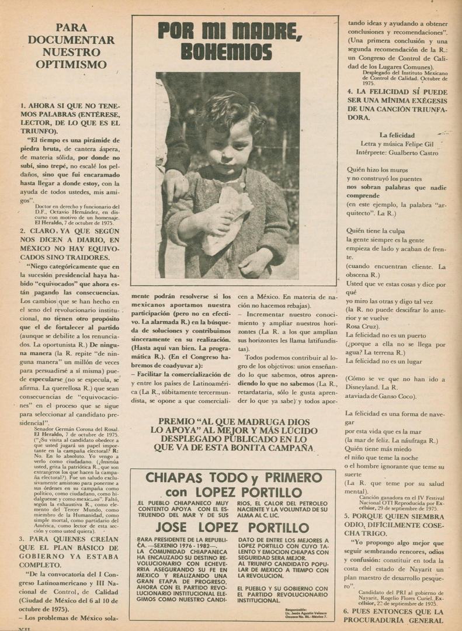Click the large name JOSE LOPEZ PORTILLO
point(233,528)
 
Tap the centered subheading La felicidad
point(397,135)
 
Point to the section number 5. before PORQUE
point(347,516)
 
